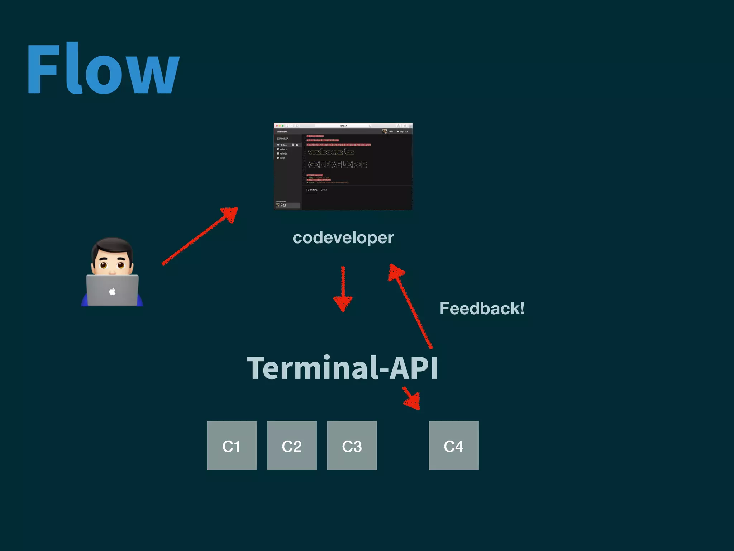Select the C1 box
232,446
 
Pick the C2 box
292,446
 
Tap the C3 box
352,446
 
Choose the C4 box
454,446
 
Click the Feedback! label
482,309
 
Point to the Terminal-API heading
342,368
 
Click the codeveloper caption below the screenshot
343,237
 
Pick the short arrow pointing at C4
411,398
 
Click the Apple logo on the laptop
112,291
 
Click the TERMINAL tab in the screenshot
311,190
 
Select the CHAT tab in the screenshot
324,190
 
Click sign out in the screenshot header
403,132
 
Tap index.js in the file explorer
283,149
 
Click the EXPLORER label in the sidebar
282,138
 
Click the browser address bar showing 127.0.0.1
343,126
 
